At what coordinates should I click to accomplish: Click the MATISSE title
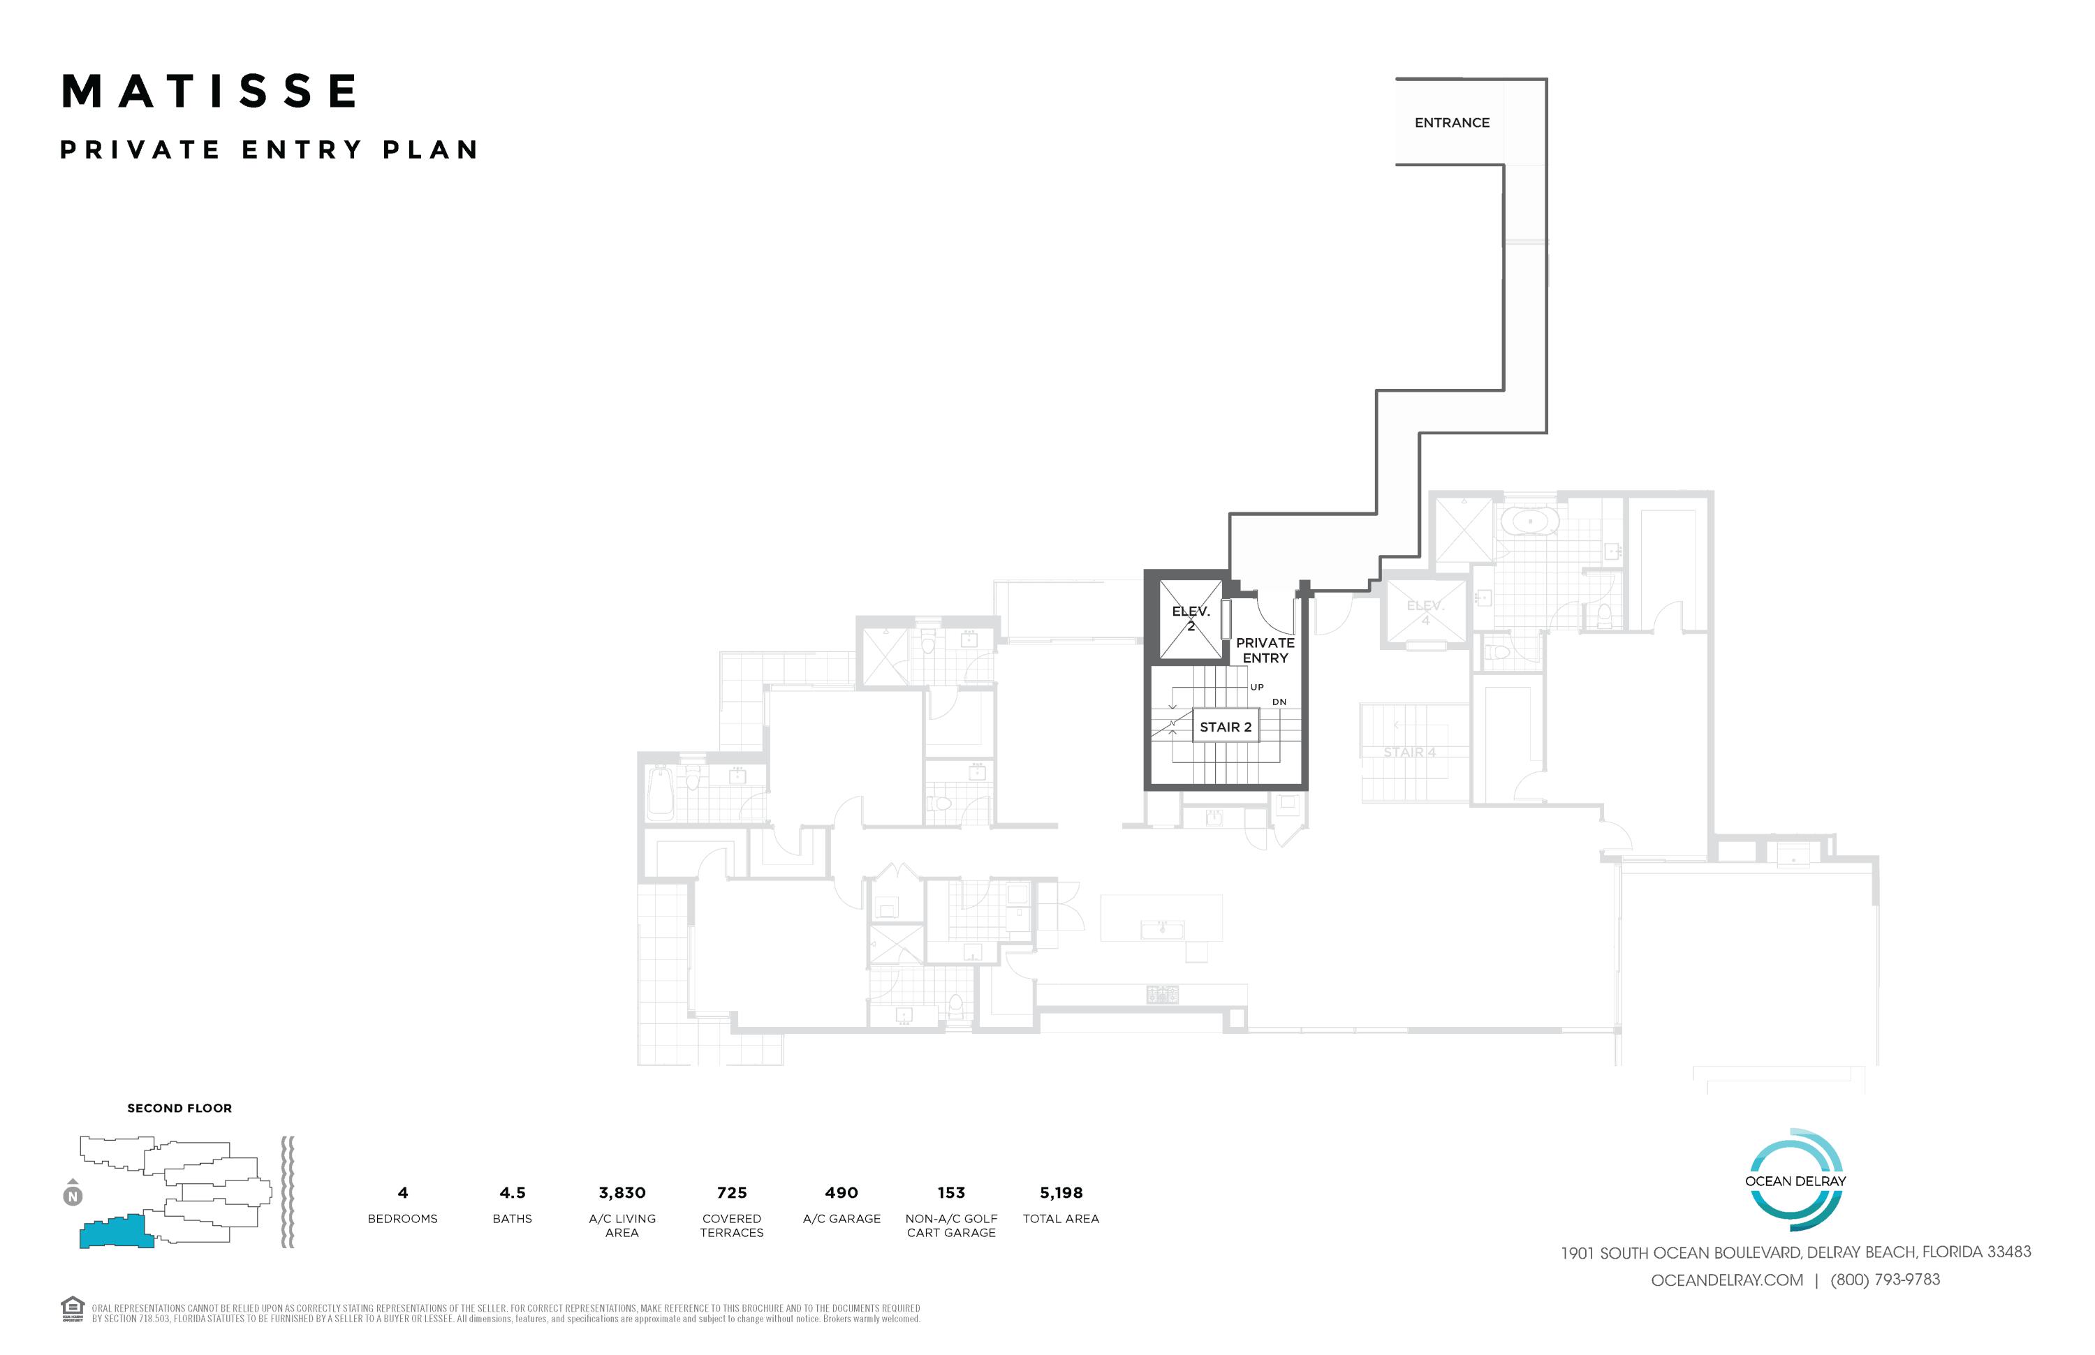209,91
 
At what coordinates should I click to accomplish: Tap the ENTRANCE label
1452,123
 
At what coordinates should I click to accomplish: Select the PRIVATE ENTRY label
1264,650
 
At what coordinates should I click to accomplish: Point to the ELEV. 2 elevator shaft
1190,619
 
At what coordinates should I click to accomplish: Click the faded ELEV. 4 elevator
1425,612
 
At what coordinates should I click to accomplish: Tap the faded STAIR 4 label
1409,753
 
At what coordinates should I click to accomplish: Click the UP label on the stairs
1257,687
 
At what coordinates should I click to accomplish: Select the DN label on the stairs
1279,702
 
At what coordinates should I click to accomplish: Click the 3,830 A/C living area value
622,1193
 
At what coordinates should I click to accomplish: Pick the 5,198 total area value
1061,1193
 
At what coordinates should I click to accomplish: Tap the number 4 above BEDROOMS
403,1193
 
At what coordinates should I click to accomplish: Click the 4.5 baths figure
513,1193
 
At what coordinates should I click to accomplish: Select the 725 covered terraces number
731,1193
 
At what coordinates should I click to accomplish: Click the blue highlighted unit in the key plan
112,1232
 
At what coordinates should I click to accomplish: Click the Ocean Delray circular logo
1795,1180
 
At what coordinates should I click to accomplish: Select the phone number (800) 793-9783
1885,1280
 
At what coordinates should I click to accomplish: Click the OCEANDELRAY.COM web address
1726,1280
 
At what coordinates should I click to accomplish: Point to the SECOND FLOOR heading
179,1109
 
